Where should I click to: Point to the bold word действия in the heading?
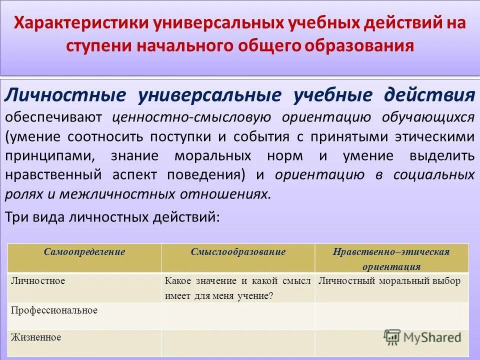click(429, 95)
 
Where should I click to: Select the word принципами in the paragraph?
click(50, 155)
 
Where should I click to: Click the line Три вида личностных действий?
click(112, 217)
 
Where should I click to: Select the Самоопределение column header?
click(84, 252)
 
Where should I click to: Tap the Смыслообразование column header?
click(238, 252)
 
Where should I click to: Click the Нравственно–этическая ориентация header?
click(392, 258)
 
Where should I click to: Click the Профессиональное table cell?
click(54, 310)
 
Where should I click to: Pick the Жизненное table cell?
click(35, 337)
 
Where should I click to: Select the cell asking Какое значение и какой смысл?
click(237, 288)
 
